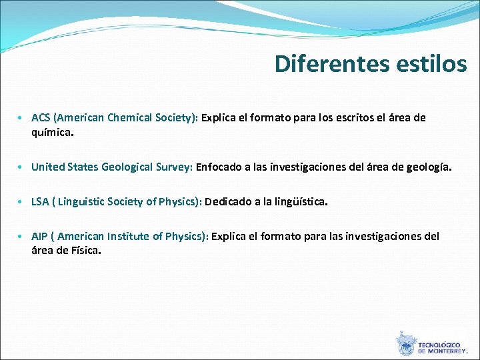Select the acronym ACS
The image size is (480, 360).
[x=41, y=118]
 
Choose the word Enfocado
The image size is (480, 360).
[x=219, y=167]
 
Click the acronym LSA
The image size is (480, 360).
[x=41, y=202]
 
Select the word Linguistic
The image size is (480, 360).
[x=81, y=202]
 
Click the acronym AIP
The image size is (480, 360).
[x=40, y=237]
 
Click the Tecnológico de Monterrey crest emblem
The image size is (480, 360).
[x=405, y=344]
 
